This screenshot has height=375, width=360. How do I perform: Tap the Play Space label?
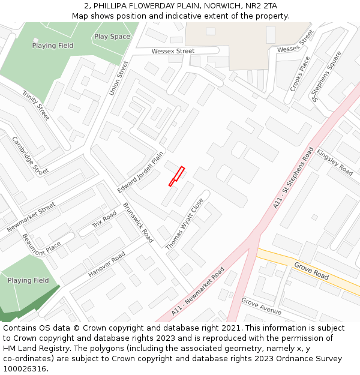click(x=112, y=37)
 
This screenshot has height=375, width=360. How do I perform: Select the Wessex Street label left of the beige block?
click(x=173, y=52)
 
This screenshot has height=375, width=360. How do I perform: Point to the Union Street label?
click(x=119, y=77)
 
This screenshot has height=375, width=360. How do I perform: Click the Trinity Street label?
click(x=36, y=105)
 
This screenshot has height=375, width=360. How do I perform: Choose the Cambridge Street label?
click(x=31, y=155)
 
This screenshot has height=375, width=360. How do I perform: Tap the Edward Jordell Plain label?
click(x=140, y=172)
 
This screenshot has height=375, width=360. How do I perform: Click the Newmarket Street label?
click(x=31, y=217)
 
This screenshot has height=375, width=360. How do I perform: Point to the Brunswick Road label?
click(x=138, y=222)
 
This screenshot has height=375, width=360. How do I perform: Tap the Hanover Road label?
click(x=107, y=265)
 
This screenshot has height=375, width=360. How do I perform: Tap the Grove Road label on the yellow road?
click(x=311, y=271)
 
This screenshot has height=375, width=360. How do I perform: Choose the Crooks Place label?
click(x=301, y=74)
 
